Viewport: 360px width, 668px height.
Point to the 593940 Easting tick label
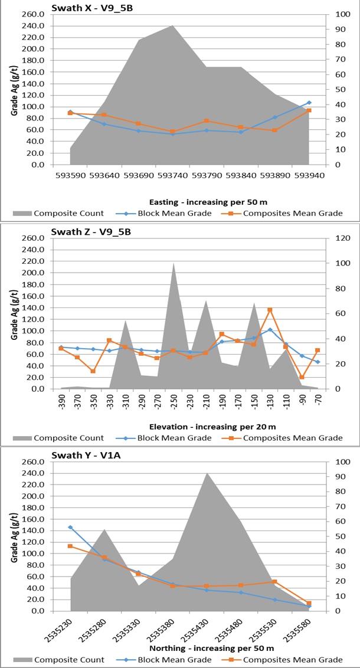[x=308, y=175]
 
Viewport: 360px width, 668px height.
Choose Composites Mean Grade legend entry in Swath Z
[x=293, y=438]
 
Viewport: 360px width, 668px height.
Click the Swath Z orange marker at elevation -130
[x=270, y=310]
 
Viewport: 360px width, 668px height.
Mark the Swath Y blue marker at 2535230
[x=70, y=527]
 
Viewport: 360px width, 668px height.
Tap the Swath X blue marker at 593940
[x=309, y=103]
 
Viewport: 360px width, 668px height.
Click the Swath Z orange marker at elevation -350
[x=93, y=371]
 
